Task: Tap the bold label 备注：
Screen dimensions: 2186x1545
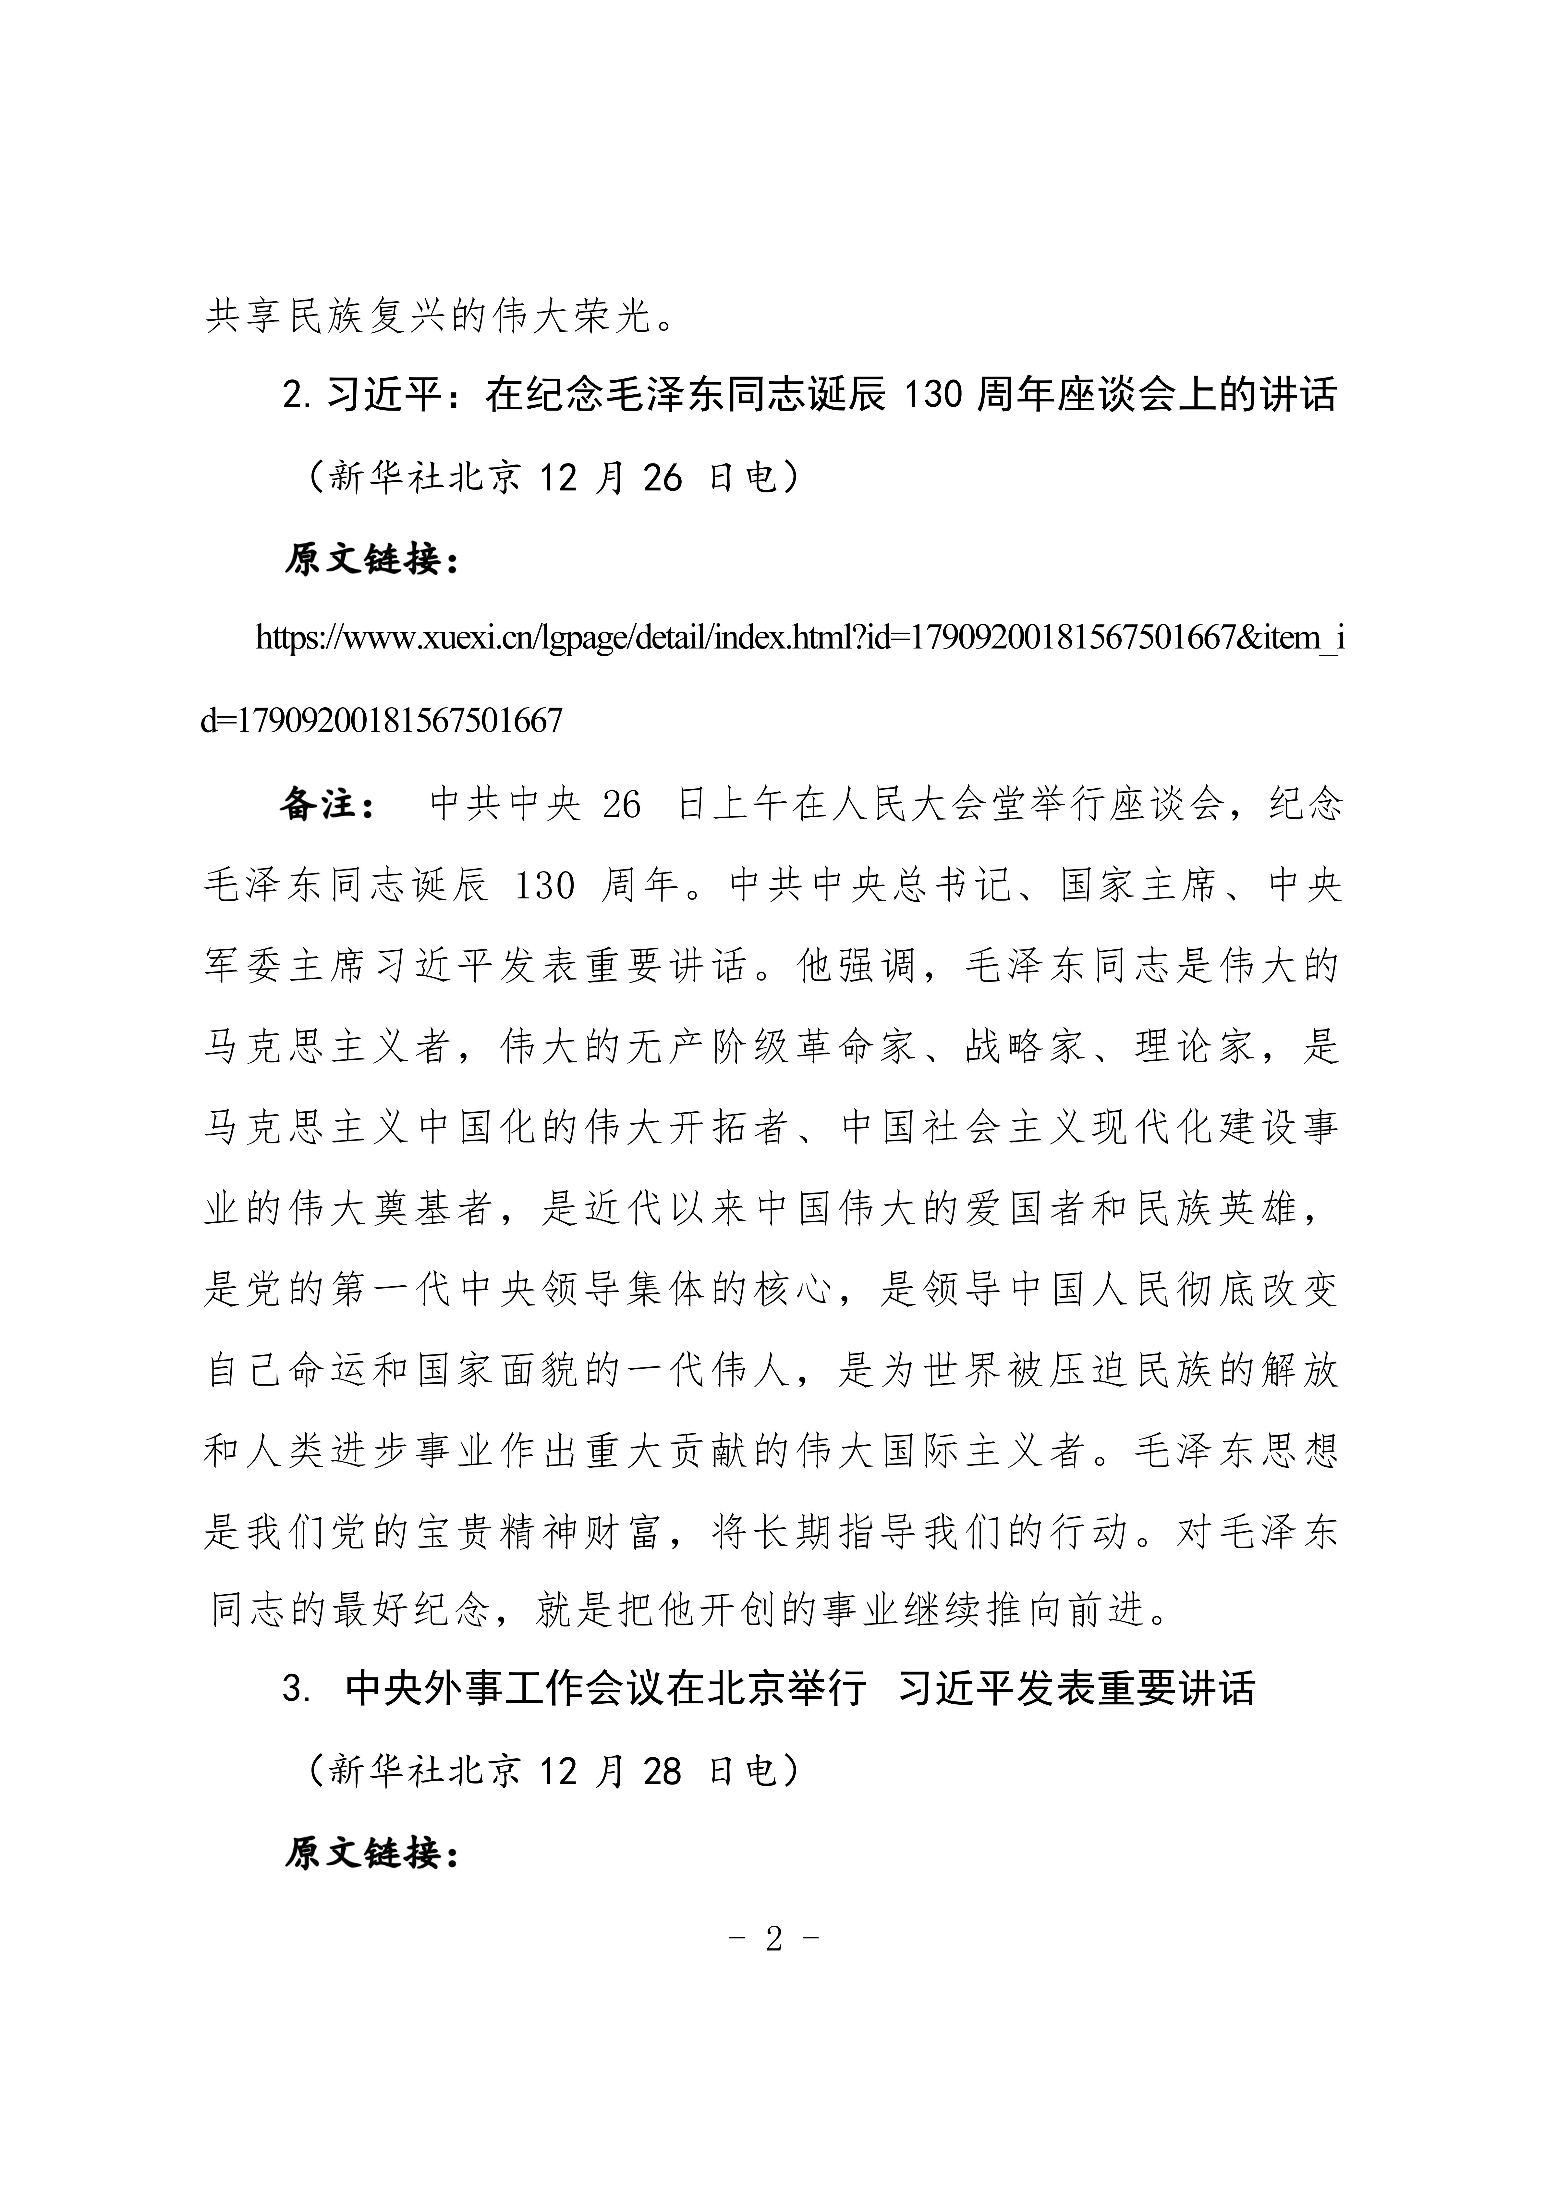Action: tap(328, 805)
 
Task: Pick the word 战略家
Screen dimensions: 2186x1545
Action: tap(1025, 1047)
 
